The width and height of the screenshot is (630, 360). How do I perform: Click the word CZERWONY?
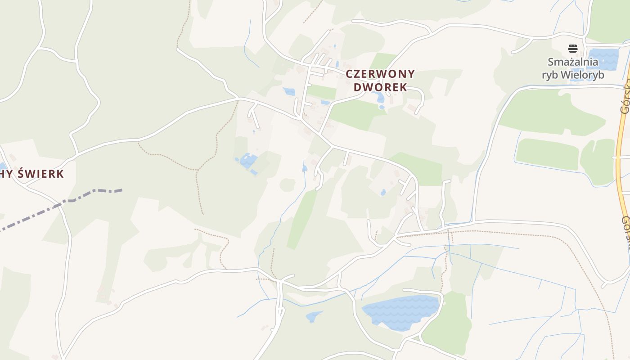(380, 74)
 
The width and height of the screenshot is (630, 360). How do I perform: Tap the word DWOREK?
(380, 87)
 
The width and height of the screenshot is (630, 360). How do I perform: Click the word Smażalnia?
(572, 62)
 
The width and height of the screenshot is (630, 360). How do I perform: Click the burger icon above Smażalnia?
(572, 49)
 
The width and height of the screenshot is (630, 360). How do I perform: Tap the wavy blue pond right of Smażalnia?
(603, 58)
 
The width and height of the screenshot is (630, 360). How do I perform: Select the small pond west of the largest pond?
(313, 316)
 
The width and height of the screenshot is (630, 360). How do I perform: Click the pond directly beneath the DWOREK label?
(379, 97)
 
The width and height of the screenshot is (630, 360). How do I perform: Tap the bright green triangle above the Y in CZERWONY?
(383, 60)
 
